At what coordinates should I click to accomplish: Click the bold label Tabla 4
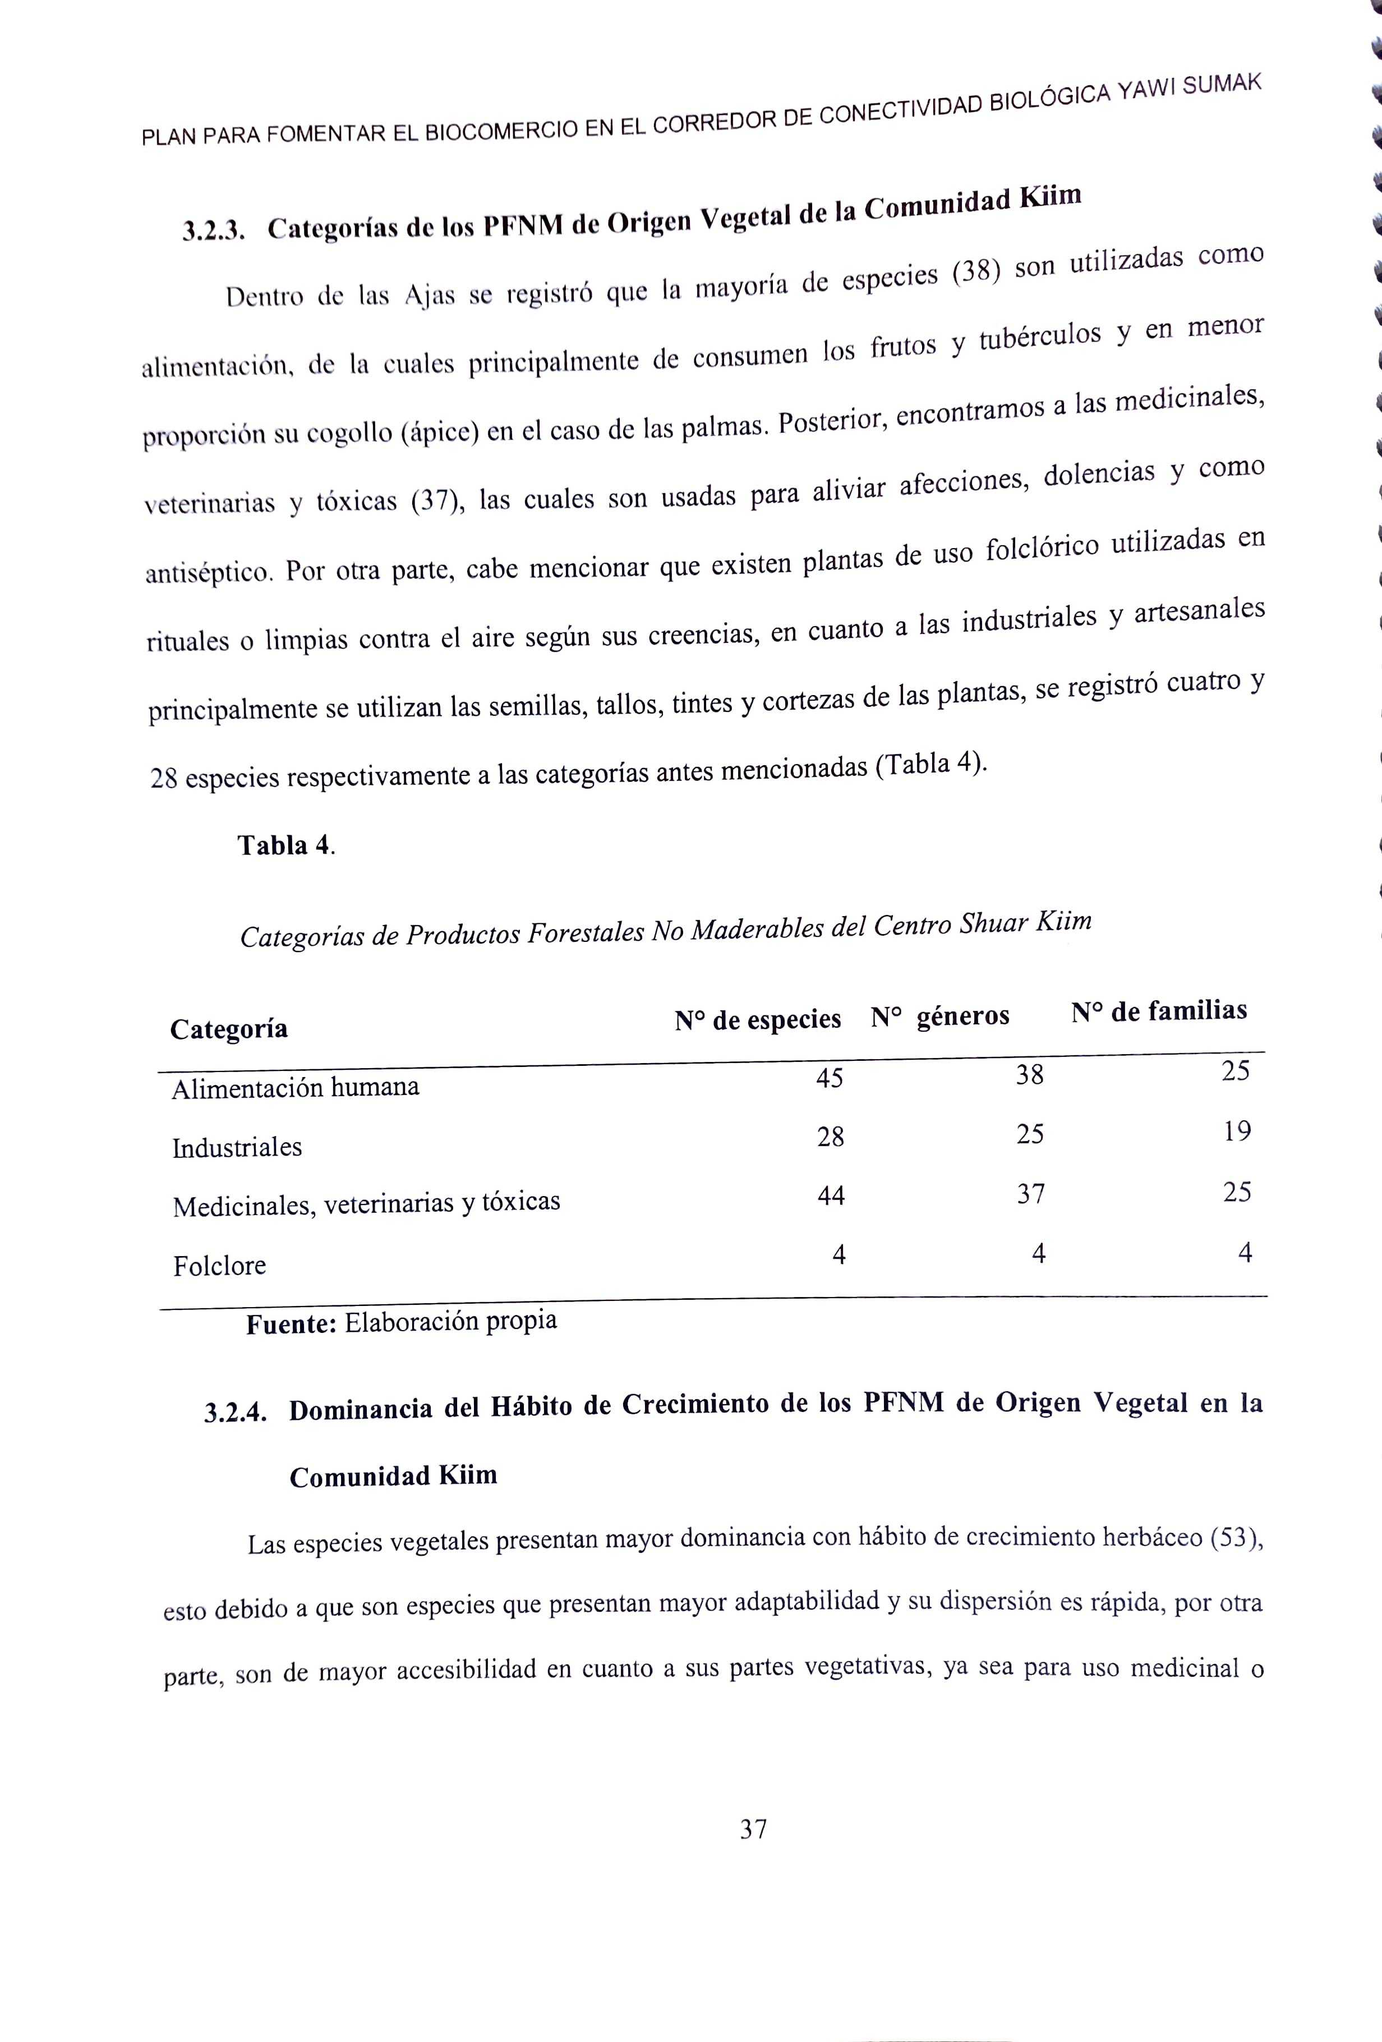(285, 845)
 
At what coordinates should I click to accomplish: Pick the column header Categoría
(228, 1029)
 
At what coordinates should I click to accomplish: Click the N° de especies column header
(757, 1019)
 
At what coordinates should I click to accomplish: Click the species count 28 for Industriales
(830, 1138)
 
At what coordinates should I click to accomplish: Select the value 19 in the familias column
(1237, 1132)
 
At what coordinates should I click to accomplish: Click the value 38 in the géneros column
(1030, 1075)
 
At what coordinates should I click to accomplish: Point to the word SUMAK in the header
(1222, 85)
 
